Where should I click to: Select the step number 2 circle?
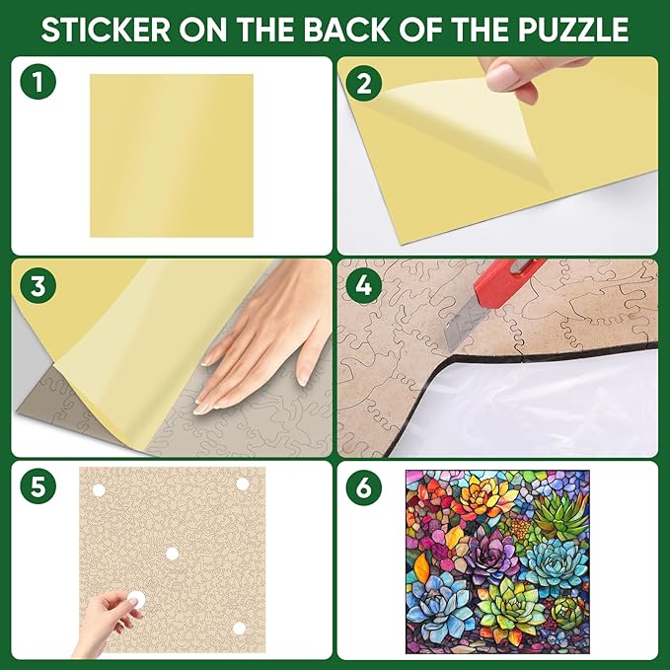tap(364, 83)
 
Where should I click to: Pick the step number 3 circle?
tap(37, 286)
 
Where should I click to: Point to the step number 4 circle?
tap(364, 286)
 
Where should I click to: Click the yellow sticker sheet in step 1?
tap(171, 155)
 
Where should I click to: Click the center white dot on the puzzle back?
tap(172, 554)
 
